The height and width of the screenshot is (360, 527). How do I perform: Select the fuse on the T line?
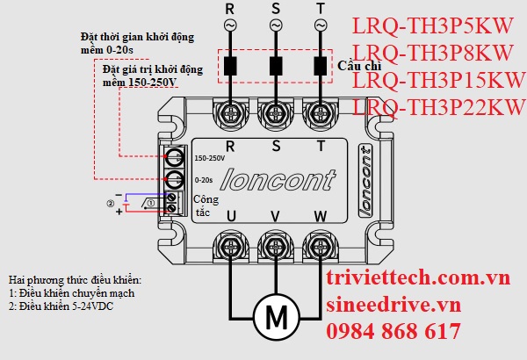point(320,65)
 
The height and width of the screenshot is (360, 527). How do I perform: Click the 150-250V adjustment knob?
point(175,159)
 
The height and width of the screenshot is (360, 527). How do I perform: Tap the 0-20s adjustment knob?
point(175,180)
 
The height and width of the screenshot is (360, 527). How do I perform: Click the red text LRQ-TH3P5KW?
point(431,25)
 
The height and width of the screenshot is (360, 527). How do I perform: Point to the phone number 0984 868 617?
point(393,331)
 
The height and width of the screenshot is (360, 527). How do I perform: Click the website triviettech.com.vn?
point(417,278)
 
